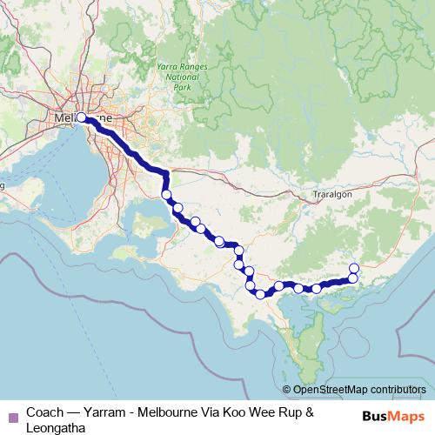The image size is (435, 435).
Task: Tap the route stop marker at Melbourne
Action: [82, 117]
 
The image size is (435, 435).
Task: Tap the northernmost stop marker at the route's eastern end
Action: [354, 267]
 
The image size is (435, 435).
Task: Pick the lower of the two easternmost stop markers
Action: [353, 278]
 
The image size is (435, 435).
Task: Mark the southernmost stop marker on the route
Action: [259, 294]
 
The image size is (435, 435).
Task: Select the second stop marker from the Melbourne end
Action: [165, 195]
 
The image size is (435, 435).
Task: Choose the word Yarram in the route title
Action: [116, 411]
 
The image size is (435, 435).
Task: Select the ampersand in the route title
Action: [308, 411]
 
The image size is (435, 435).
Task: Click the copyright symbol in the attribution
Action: [286, 391]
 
